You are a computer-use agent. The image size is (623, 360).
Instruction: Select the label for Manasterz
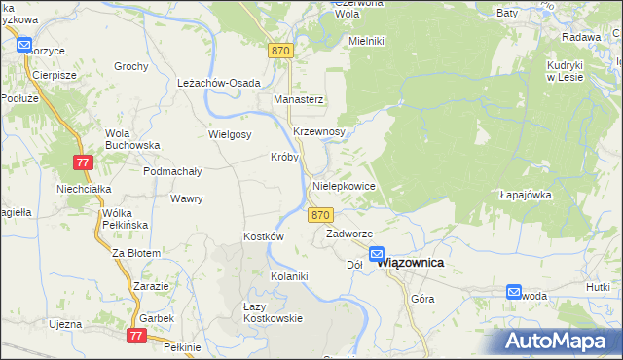pos(299,100)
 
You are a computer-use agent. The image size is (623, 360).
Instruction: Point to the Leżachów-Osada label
pos(219,83)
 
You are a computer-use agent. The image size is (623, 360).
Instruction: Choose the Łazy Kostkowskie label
pos(273,312)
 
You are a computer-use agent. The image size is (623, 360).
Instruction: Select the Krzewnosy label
pos(320,131)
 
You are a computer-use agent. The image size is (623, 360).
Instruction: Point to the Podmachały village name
pos(172,171)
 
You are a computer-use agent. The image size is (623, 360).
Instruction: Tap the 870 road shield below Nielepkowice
pos(321,213)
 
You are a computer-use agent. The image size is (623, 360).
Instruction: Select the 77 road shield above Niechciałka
pos(83,162)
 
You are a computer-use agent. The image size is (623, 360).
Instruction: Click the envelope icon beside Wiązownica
pos(375,253)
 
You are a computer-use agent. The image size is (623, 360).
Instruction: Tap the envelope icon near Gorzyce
pos(24,44)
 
